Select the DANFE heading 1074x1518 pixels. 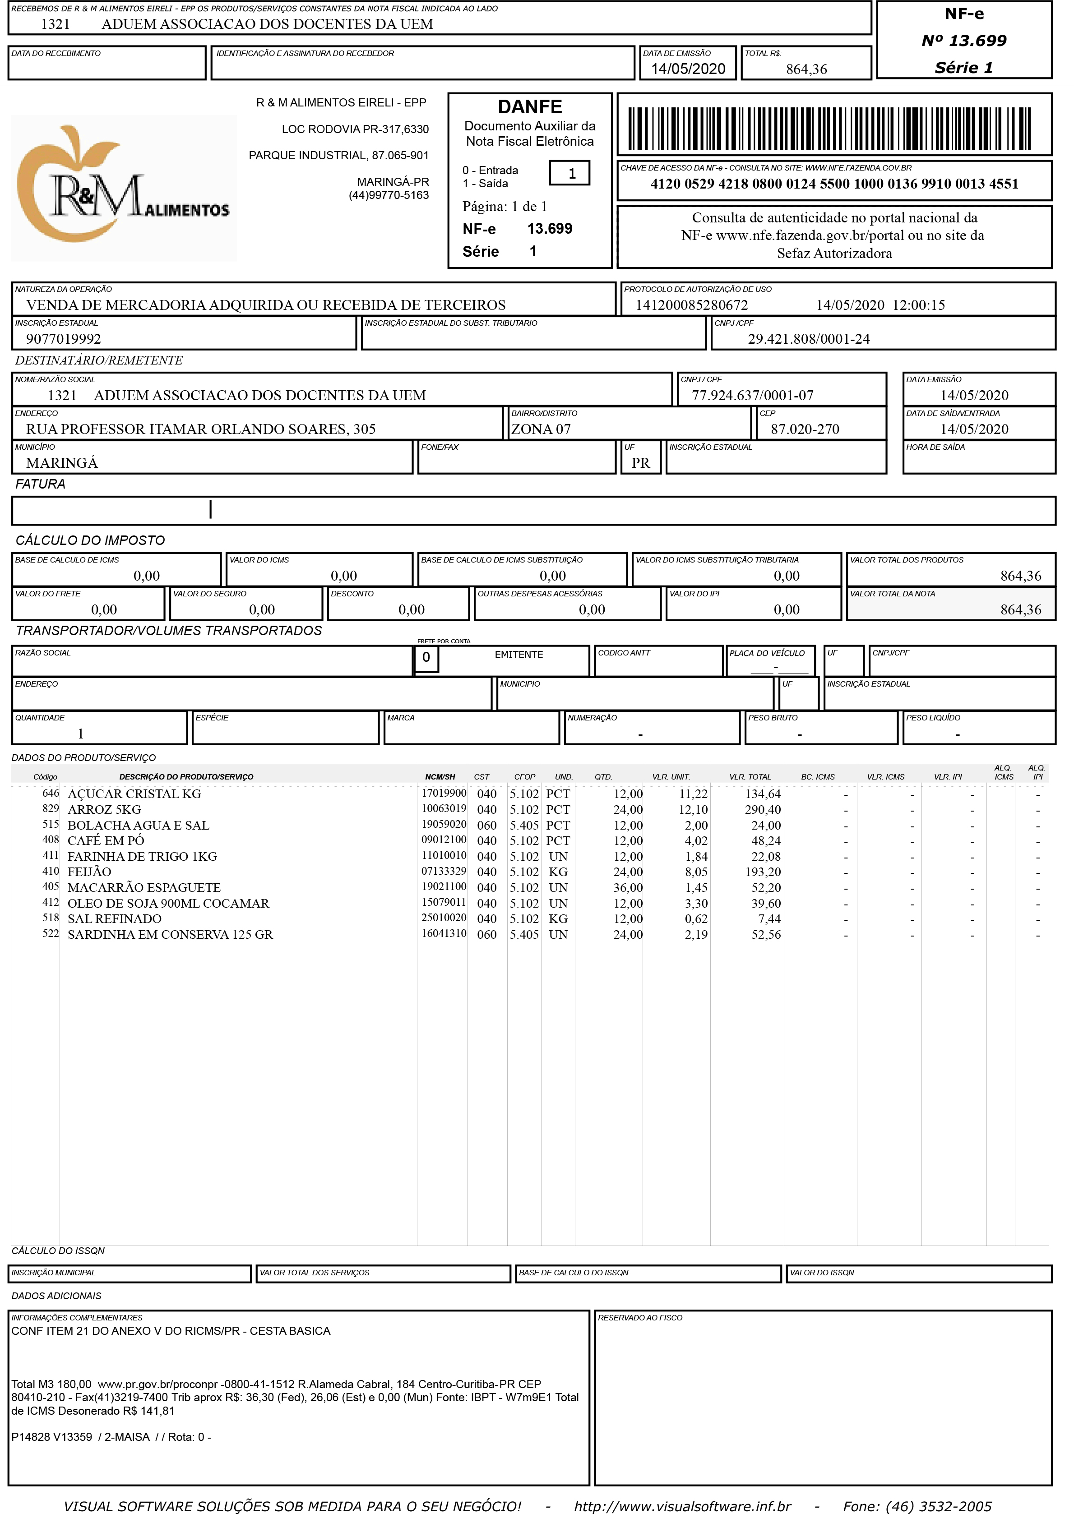coord(530,107)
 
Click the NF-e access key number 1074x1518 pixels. coord(834,184)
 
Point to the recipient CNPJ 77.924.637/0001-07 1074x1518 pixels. coord(752,395)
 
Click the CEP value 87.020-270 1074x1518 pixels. coord(805,429)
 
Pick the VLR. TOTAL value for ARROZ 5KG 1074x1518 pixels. coord(763,810)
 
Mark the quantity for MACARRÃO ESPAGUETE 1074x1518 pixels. coord(628,887)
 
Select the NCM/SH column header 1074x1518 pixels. coord(440,777)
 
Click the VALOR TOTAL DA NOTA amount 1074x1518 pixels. coord(1020,609)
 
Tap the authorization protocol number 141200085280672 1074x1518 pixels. coord(692,305)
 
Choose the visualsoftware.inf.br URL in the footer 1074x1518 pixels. coord(682,1506)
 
